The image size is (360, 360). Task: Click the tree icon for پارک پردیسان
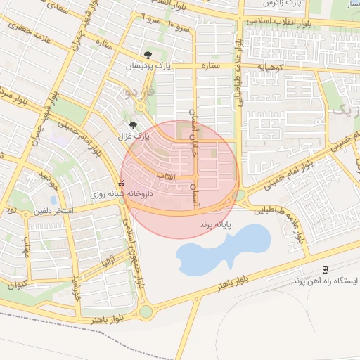click(148, 55)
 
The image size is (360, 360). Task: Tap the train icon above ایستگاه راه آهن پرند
click(325, 269)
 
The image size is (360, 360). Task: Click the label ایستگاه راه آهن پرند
click(324, 281)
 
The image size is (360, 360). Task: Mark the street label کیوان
click(15, 284)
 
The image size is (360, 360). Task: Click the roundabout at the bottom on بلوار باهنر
click(146, 311)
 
